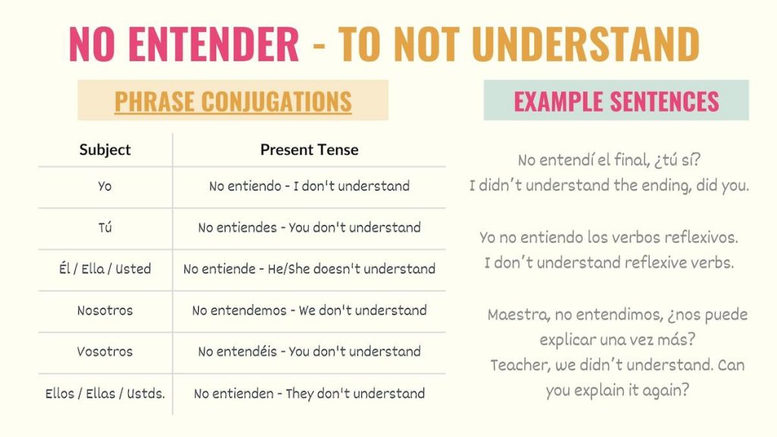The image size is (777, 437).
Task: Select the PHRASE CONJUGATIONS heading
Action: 233,101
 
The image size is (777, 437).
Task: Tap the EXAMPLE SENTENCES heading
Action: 616,101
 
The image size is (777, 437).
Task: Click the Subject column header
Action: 105,149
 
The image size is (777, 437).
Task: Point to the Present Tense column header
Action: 309,149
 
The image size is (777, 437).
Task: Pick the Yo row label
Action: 105,186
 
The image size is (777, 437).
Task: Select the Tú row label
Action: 105,228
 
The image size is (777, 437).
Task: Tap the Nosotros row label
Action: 105,310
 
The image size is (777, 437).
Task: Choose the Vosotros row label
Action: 105,351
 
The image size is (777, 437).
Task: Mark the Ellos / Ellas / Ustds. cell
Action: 105,393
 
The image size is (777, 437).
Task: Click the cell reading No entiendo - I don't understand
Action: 309,186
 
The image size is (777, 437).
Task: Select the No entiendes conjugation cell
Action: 309,228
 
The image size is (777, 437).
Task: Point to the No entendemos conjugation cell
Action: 309,310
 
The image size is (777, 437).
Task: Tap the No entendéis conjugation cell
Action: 309,351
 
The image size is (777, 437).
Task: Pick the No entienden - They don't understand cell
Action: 309,393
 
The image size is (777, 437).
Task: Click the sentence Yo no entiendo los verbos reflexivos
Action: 609,237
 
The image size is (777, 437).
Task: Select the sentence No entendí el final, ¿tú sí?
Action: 609,160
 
